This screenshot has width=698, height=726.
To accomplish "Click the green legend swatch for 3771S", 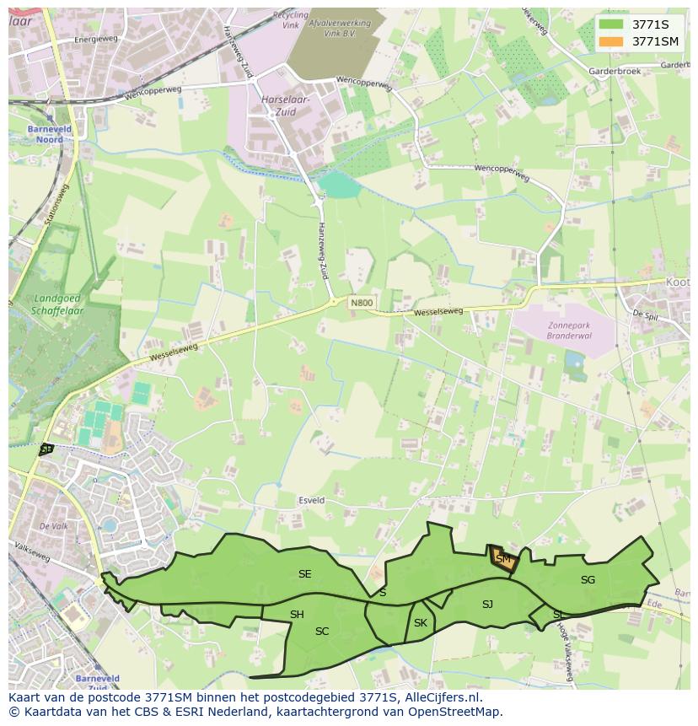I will pos(612,24).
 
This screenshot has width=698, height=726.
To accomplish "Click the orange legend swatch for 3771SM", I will pos(612,40).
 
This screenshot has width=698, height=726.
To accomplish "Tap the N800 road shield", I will pos(362,303).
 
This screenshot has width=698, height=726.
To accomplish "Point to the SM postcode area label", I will pos(503,559).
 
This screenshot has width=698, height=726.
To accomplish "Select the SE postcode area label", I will pos(305,574).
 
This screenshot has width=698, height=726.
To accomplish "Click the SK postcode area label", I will pos(421,623).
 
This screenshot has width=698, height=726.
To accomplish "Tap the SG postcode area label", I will pos(588,579).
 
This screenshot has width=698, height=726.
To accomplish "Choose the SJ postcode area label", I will pos(487,604).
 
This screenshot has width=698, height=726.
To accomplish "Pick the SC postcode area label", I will pos(322,631).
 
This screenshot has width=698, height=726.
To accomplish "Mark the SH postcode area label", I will pos(297,615).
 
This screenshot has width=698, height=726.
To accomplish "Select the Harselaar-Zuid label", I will pos(286,105).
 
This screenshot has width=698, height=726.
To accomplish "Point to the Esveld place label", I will pos(311,500).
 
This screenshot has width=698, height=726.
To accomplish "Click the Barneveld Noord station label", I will pos(44,134).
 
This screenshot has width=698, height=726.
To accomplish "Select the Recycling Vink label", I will pos(291,21).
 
